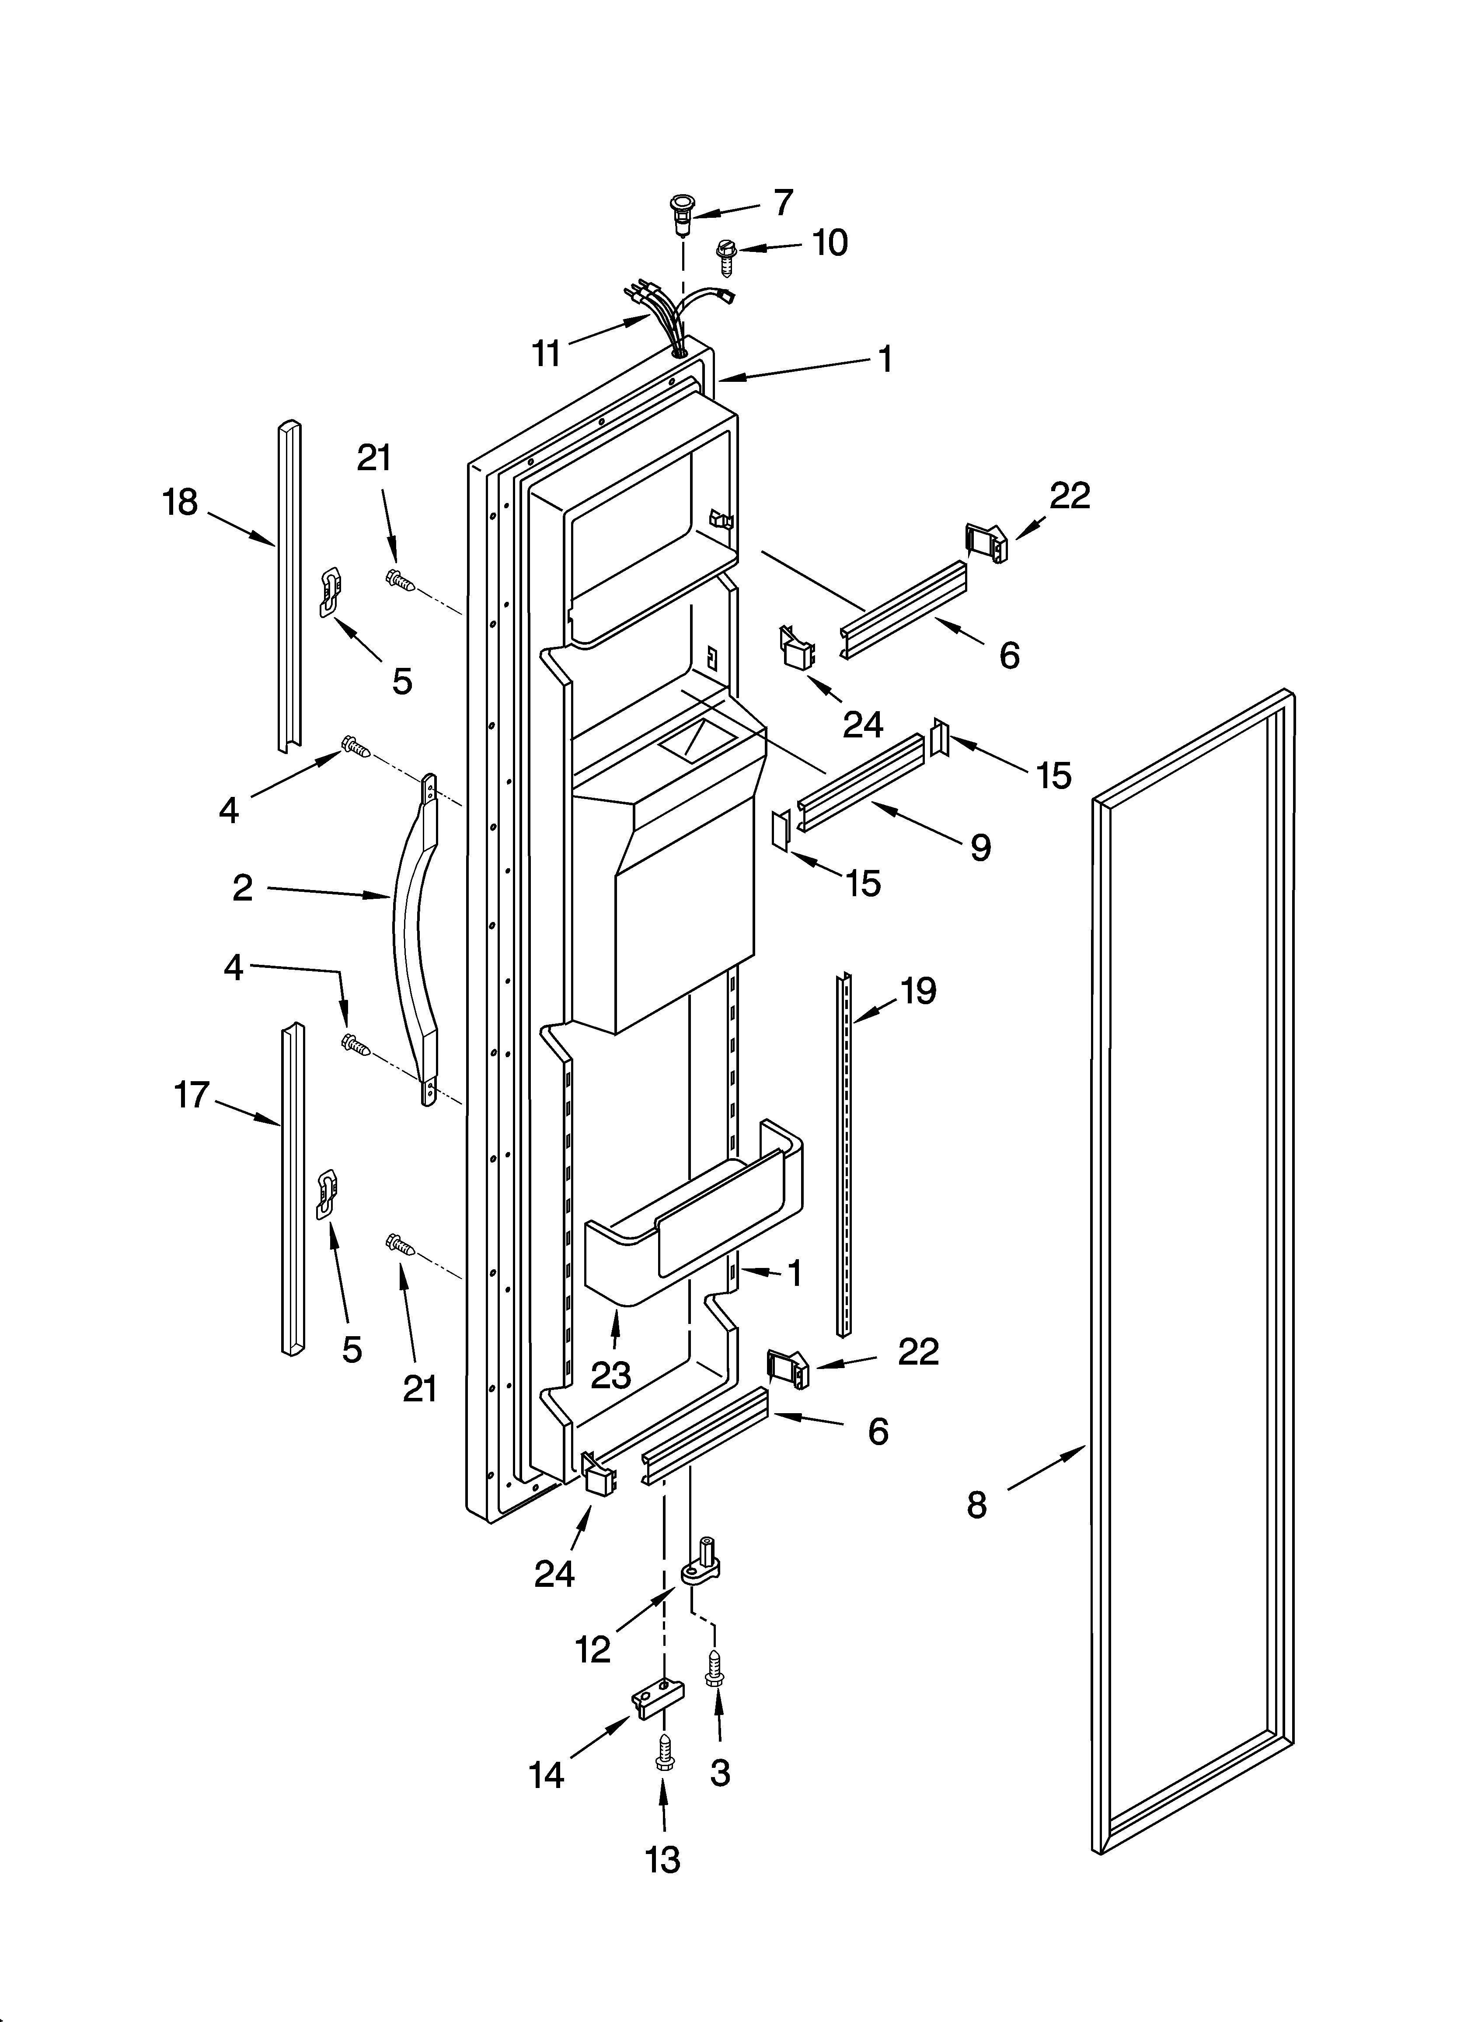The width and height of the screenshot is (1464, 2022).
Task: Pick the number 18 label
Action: tap(180, 503)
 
